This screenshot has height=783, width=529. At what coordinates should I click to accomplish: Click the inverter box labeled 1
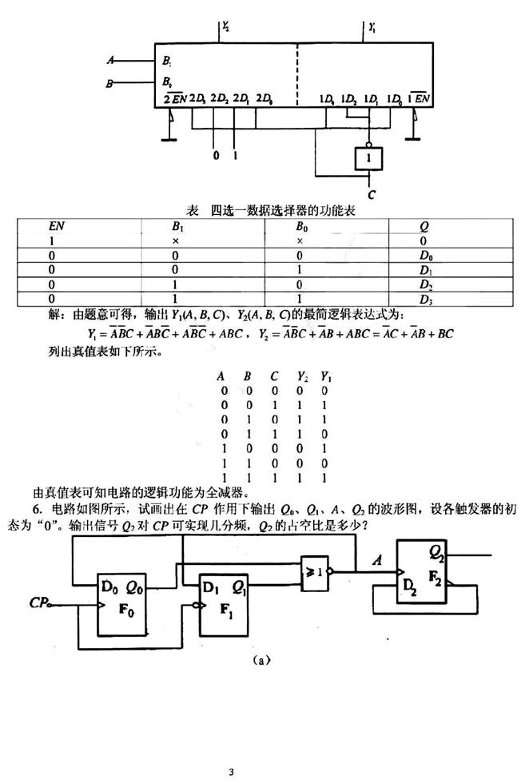point(368,159)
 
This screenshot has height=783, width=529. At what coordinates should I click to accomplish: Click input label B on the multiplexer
point(110,81)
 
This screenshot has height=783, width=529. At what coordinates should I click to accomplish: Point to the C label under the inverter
point(371,193)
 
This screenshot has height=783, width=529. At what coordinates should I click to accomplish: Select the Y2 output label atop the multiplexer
point(227,27)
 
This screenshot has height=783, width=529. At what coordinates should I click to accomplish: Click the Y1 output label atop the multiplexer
point(372,27)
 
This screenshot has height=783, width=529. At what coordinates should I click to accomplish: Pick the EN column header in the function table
point(57,226)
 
